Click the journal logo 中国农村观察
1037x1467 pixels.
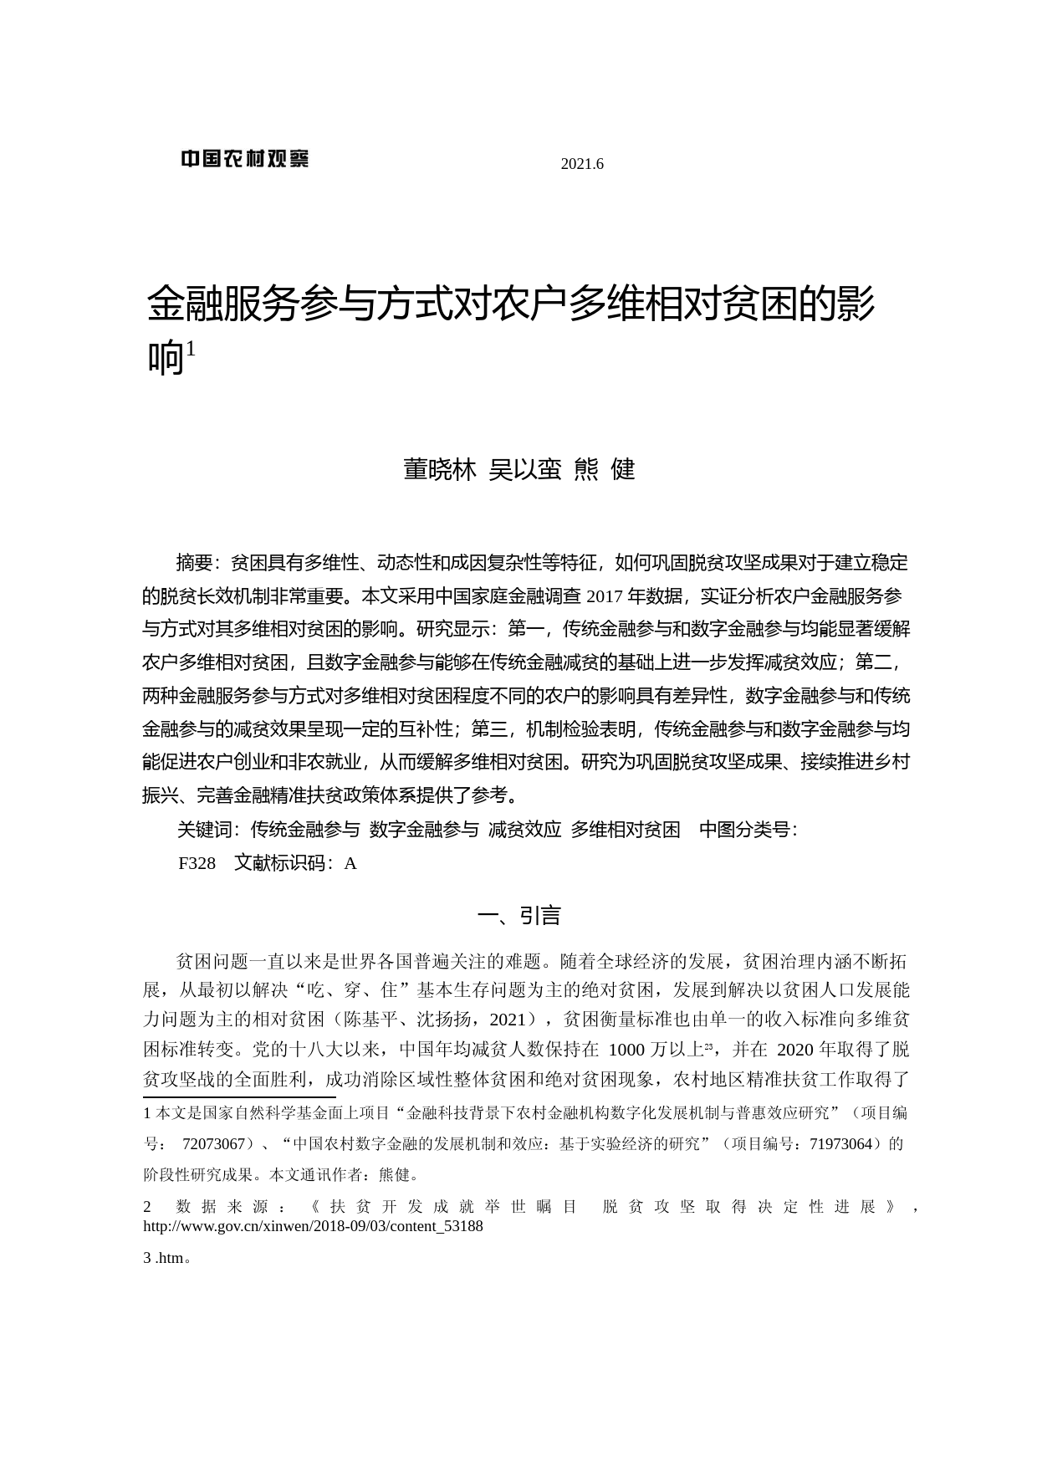[x=244, y=158]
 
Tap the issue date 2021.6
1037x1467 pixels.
[x=582, y=164]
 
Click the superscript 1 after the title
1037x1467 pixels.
[x=191, y=348]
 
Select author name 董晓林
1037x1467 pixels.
[x=440, y=470]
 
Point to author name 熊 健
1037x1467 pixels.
[x=605, y=470]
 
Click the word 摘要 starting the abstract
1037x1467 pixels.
[x=195, y=563]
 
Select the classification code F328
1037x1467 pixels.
[x=197, y=863]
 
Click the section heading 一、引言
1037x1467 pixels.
[x=518, y=916]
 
